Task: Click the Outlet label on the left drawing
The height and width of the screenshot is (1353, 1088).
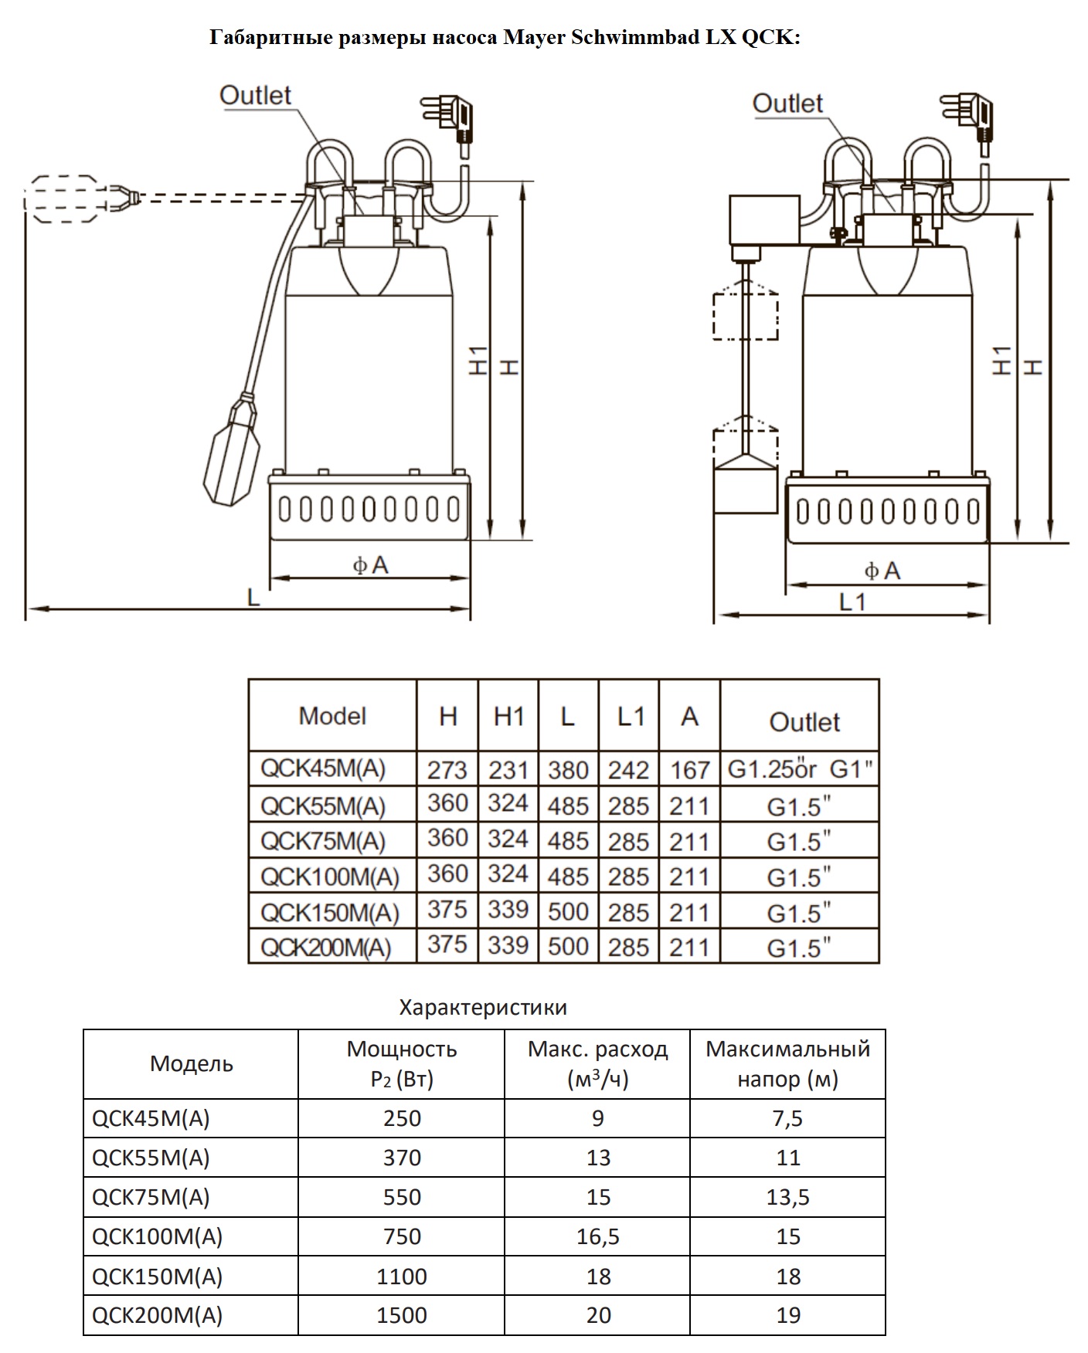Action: click(255, 96)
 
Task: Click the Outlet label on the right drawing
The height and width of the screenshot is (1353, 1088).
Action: click(787, 103)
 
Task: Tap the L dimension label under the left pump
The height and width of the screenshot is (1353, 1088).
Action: click(253, 598)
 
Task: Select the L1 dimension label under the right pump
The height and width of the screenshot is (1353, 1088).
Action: click(852, 602)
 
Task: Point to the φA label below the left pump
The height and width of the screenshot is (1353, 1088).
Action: click(371, 566)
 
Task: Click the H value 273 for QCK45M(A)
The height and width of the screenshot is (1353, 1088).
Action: click(447, 770)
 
